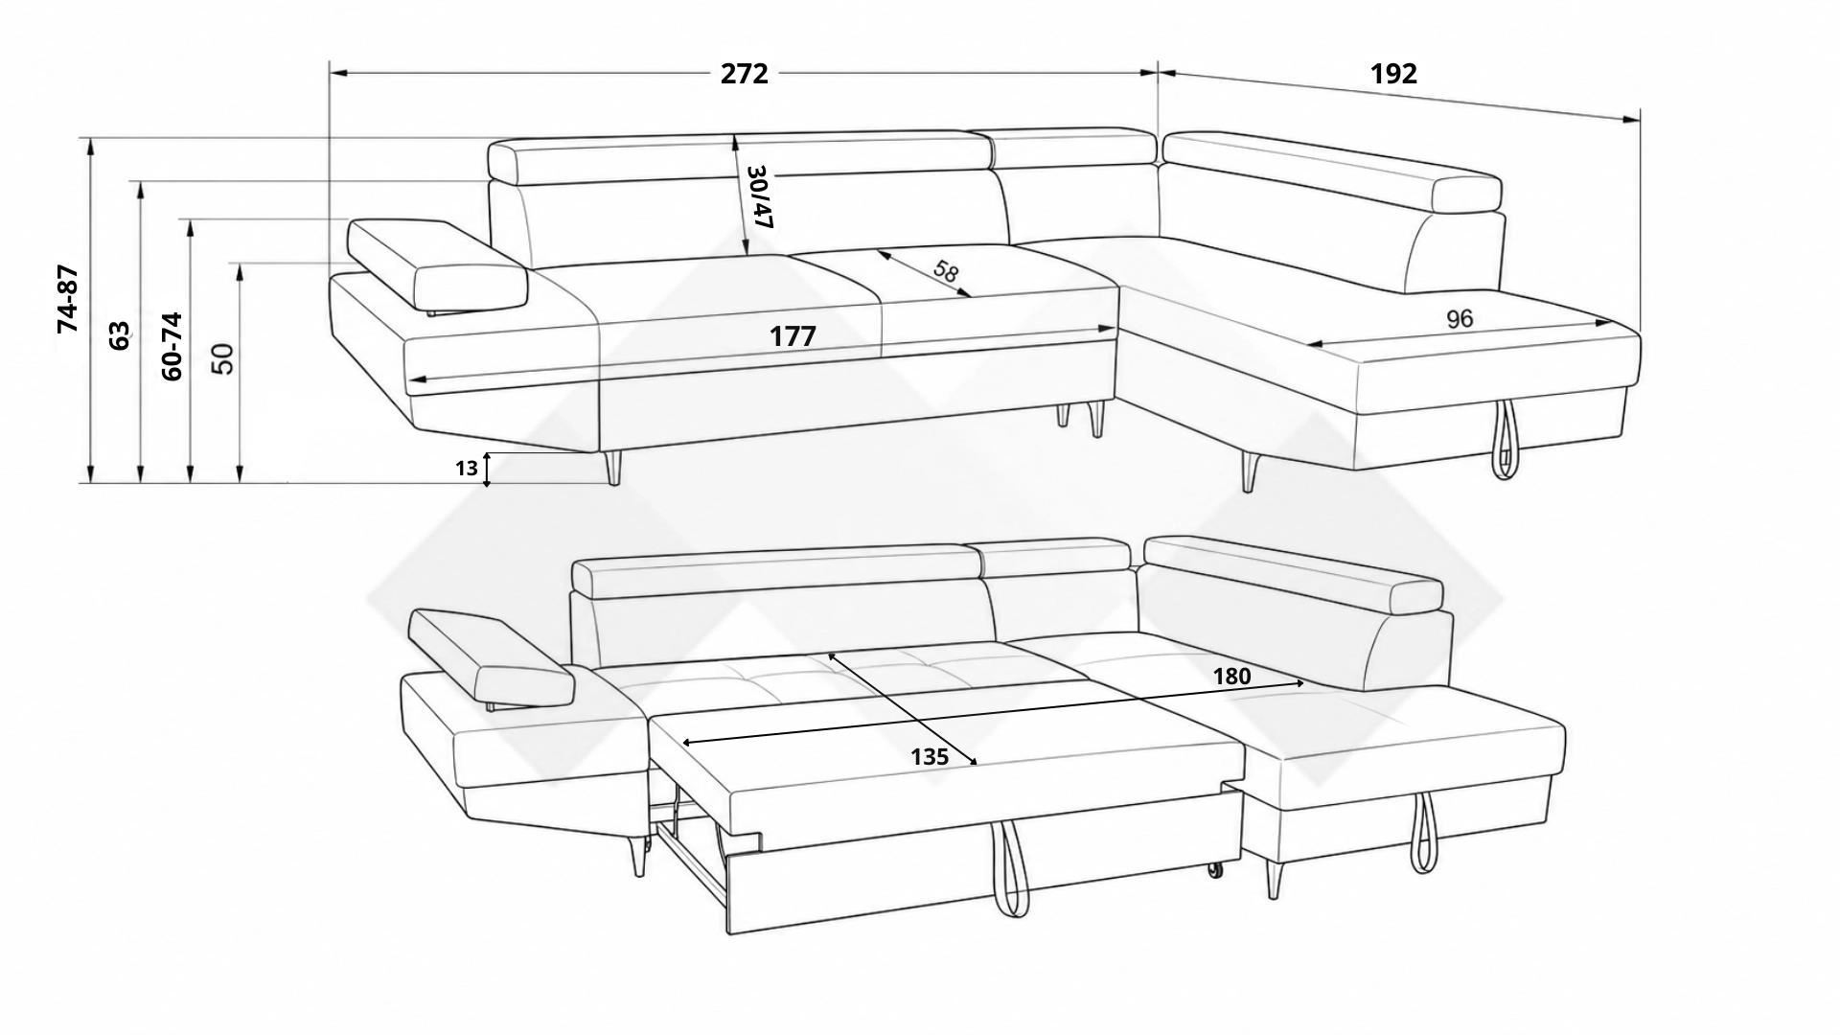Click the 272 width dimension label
[745, 74]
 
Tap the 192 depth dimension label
[1393, 74]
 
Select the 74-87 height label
[68, 299]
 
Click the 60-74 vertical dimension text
[172, 346]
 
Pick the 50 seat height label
[221, 357]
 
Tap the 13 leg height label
[467, 469]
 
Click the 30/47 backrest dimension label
[759, 196]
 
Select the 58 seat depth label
[945, 271]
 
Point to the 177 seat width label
[793, 336]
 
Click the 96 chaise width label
[1459, 319]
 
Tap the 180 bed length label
[1231, 677]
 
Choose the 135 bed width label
[930, 757]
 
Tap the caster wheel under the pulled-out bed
[1216, 869]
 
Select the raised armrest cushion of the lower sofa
[491, 660]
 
